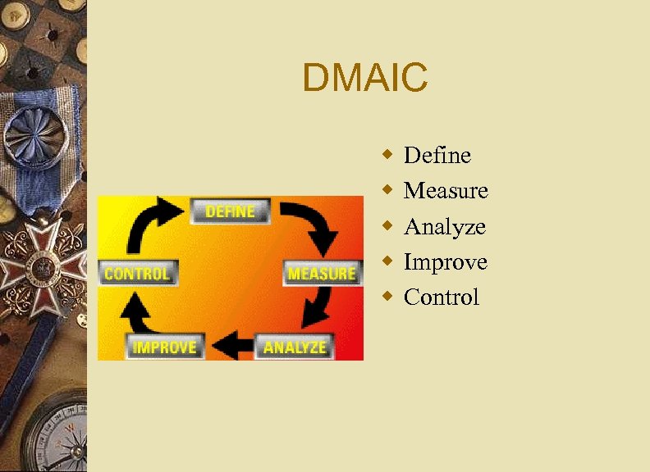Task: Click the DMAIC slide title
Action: click(364, 79)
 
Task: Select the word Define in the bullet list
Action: click(437, 155)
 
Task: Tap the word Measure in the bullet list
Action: click(446, 191)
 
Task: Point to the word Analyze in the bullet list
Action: click(445, 227)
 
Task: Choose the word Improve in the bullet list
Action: click(446, 262)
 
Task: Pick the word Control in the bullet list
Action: click(442, 297)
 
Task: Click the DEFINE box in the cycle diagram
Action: click(230, 211)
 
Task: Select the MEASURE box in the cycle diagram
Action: click(322, 273)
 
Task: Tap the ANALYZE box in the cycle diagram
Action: click(295, 347)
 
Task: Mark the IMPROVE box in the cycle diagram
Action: click(165, 347)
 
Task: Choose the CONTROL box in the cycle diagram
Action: click(137, 273)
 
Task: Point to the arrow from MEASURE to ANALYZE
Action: click(317, 311)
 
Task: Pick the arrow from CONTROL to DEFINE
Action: click(156, 225)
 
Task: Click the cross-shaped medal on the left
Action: click(41, 263)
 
